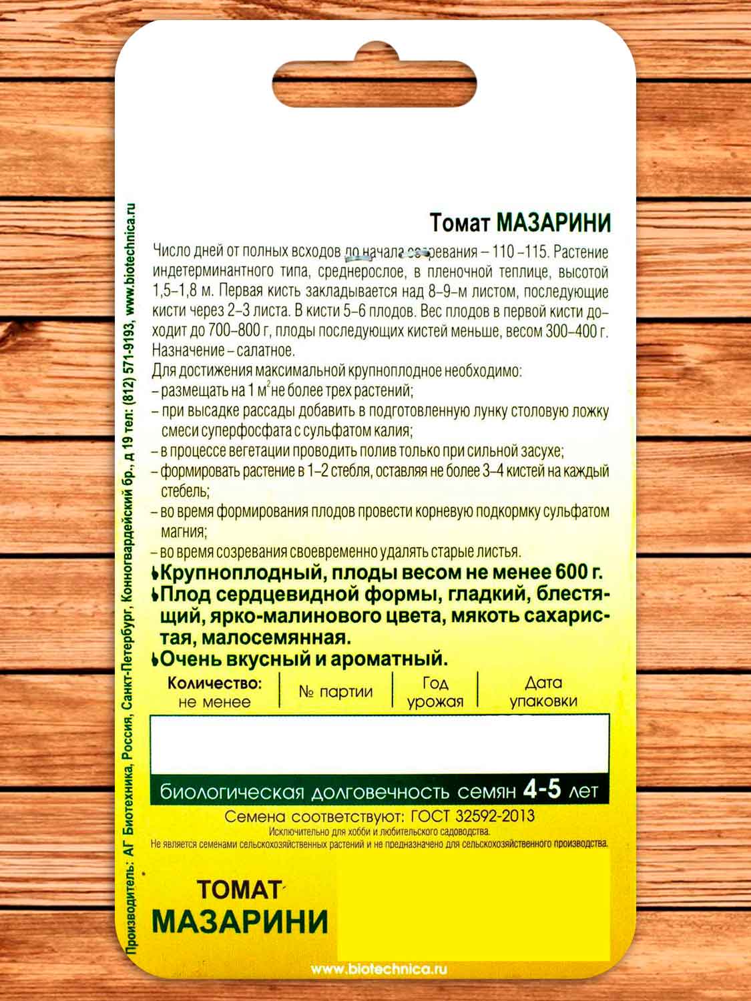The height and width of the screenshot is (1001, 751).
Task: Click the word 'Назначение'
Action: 186,350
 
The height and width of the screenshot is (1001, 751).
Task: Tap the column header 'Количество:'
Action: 214,683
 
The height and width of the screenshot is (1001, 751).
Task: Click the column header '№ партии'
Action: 335,691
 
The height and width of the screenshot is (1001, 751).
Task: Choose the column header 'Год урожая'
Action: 435,692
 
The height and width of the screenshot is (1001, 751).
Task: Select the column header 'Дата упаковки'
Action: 543,692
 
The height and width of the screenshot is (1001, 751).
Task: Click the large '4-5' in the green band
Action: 541,790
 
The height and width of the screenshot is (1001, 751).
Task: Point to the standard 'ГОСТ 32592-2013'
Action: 473,816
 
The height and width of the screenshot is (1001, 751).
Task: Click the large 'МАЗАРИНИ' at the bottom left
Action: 240,922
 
